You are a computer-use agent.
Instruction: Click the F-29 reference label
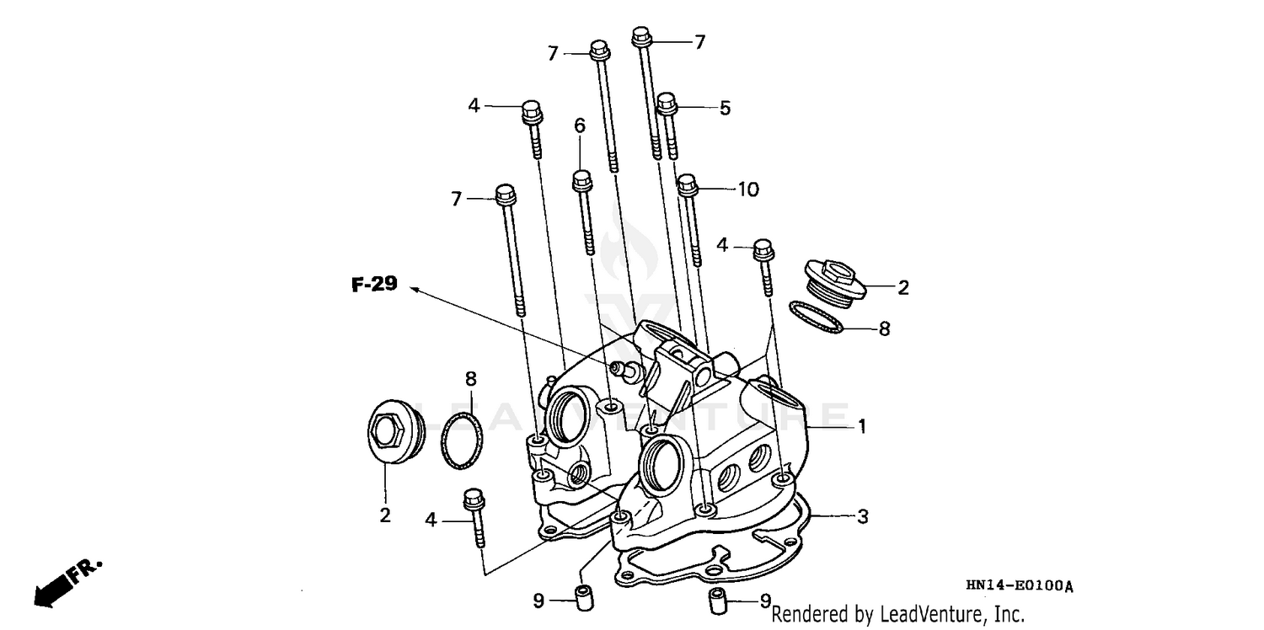coord(374,286)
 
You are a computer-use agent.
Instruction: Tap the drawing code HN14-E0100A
coord(1020,586)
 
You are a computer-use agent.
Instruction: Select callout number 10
coord(748,190)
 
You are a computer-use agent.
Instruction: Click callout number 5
coord(725,108)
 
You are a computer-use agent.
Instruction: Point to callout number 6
coord(580,125)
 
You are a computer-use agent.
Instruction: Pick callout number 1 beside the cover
coord(862,427)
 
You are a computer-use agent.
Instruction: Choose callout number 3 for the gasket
coord(862,516)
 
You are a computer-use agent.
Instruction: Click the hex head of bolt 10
coord(687,182)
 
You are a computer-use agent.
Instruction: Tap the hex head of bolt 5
coord(666,103)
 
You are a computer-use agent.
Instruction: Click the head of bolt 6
coord(581,179)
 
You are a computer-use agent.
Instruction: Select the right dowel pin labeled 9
coord(717,601)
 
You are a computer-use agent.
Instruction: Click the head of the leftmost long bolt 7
coord(506,195)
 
